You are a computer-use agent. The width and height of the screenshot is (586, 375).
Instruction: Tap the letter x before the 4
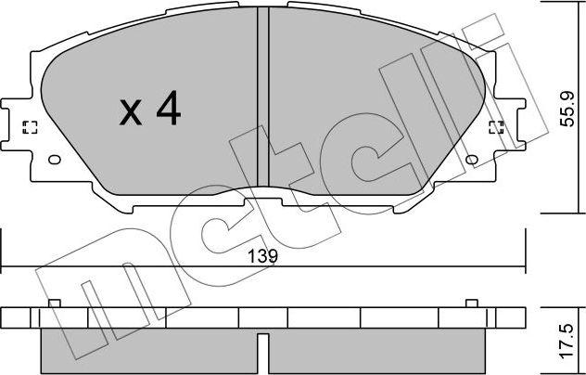tap(132, 113)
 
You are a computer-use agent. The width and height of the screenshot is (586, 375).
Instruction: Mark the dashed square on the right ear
tap(496, 128)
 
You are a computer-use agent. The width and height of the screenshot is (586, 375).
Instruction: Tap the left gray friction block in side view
tap(148, 350)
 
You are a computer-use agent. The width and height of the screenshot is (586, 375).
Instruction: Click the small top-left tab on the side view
tap(54, 304)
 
